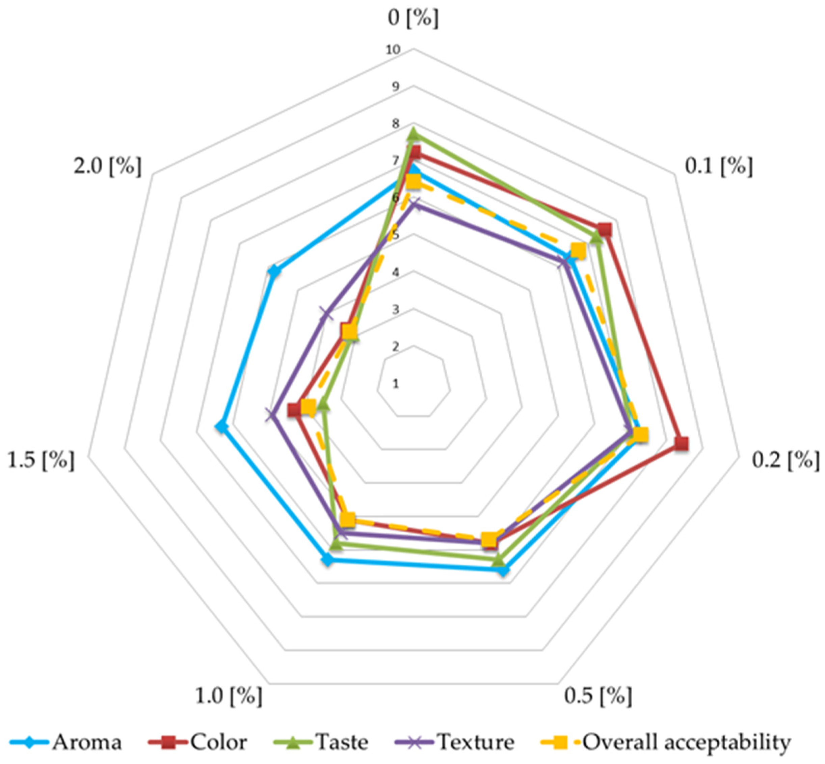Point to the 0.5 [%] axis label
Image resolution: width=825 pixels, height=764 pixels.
pos(598,696)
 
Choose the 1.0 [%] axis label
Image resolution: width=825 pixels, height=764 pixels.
pos(228,696)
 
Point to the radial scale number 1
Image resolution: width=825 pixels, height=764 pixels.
pos(396,384)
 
